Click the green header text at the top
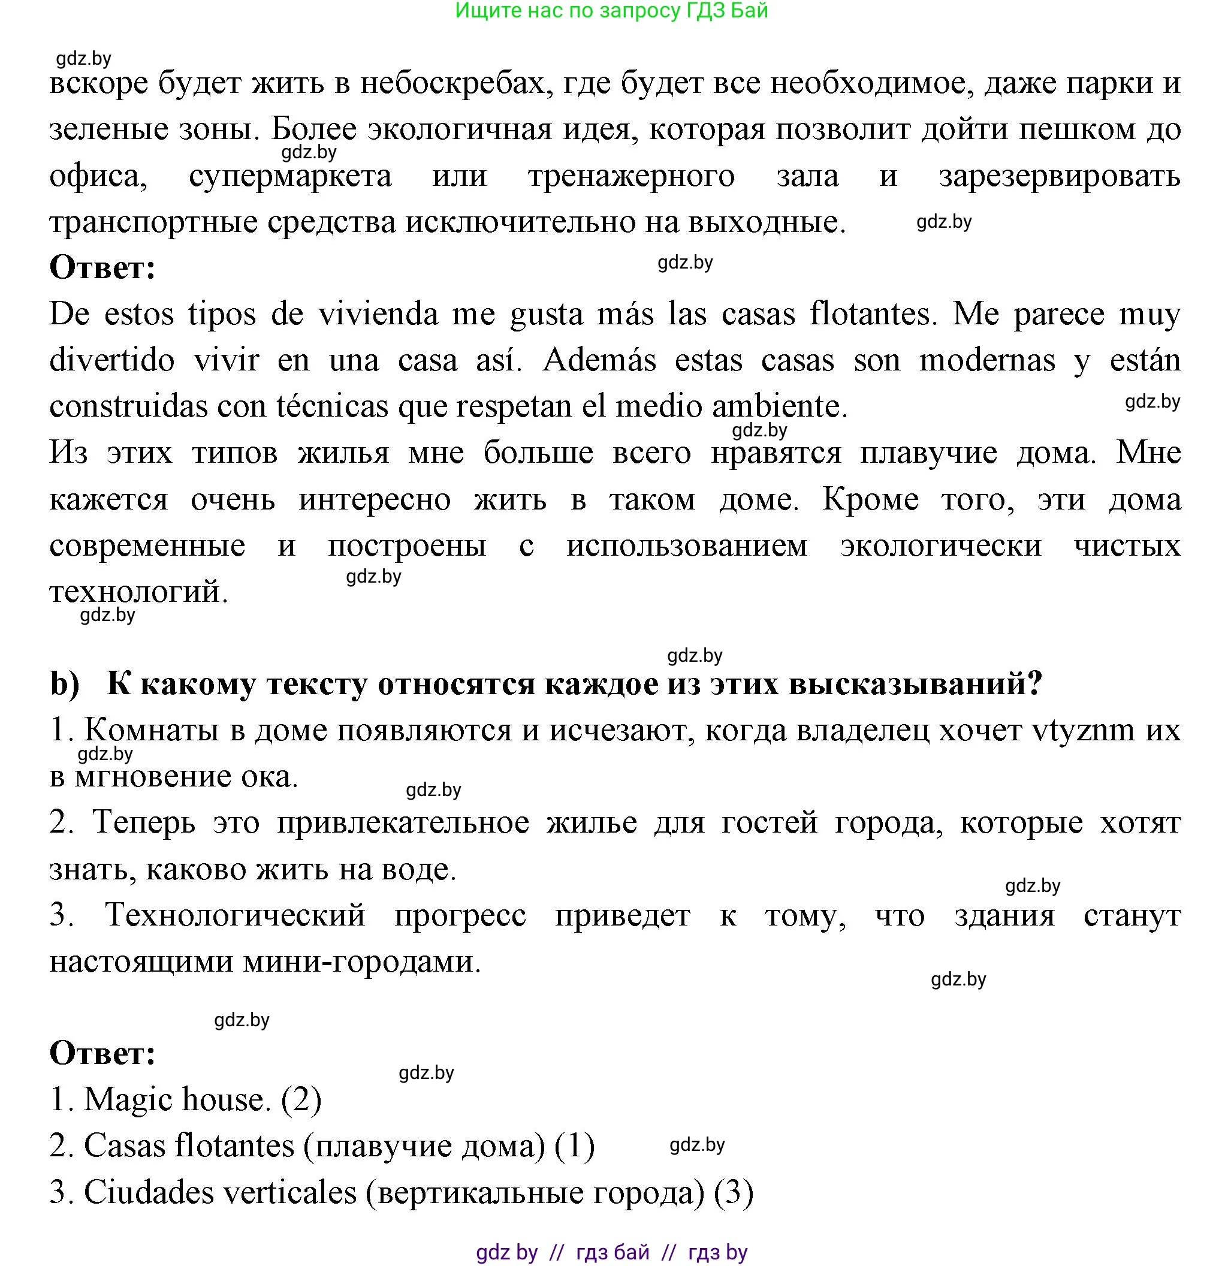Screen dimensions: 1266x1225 (611, 11)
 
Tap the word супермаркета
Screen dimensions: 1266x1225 (290, 176)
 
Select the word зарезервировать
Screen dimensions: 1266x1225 (1059, 176)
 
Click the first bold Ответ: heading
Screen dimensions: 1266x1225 (102, 268)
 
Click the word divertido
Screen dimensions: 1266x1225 (111, 360)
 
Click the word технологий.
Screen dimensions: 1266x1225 (138, 592)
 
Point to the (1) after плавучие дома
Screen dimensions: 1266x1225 (574, 1147)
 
